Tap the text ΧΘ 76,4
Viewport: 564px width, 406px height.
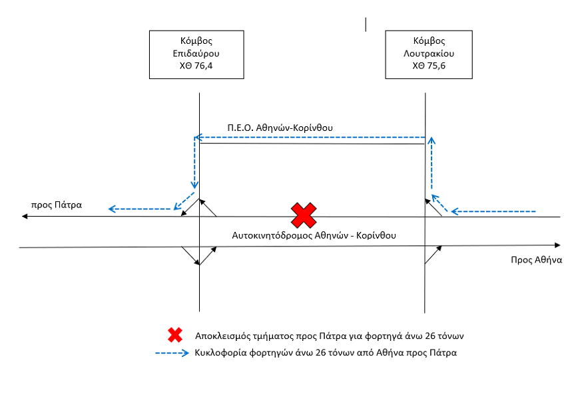pyautogui.click(x=196, y=66)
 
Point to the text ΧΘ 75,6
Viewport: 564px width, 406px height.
pyautogui.click(x=429, y=66)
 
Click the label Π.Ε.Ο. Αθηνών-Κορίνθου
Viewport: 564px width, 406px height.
pyautogui.click(x=280, y=128)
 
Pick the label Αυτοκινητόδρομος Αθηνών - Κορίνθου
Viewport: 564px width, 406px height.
pyautogui.click(x=314, y=235)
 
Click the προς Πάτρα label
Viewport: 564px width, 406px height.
pyautogui.click(x=57, y=205)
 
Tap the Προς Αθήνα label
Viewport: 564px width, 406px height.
pyautogui.click(x=536, y=260)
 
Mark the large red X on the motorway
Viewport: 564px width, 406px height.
pyautogui.click(x=304, y=215)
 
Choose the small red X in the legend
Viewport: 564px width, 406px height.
pyautogui.click(x=175, y=335)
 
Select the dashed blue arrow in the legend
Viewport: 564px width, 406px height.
pyautogui.click(x=172, y=353)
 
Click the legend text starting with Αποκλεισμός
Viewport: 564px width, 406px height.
pyautogui.click(x=329, y=336)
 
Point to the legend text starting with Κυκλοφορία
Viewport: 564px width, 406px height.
pyautogui.click(x=326, y=353)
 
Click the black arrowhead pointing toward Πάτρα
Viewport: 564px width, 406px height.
pyautogui.click(x=25, y=217)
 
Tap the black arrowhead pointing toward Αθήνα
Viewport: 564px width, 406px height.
pyautogui.click(x=557, y=245)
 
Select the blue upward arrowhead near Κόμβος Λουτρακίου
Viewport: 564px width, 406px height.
pyautogui.click(x=431, y=140)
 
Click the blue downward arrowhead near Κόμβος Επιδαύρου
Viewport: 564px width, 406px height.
pyautogui.click(x=194, y=185)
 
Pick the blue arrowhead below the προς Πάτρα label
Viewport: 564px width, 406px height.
pyautogui.click(x=113, y=209)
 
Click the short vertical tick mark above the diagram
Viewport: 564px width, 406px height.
pyautogui.click(x=366, y=25)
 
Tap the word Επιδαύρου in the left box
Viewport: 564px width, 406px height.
pyautogui.click(x=196, y=53)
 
